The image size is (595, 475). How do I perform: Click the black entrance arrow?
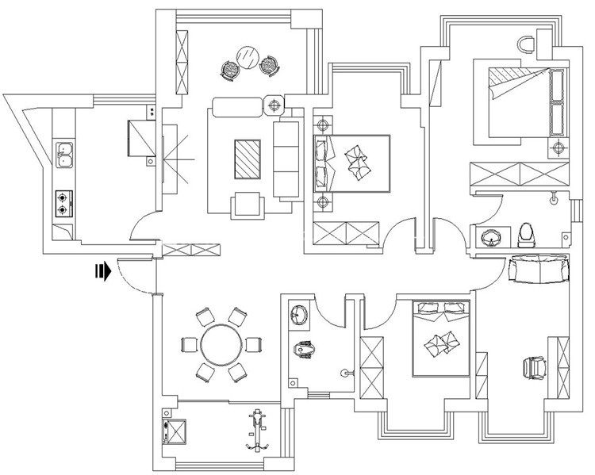point(101,272)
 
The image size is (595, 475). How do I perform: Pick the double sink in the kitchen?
point(63,155)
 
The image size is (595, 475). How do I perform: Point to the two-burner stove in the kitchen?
point(63,204)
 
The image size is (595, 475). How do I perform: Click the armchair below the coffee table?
point(247,205)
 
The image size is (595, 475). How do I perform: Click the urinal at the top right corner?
point(528,44)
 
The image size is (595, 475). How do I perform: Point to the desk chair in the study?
point(535,367)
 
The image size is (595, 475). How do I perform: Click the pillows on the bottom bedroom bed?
point(441,342)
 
